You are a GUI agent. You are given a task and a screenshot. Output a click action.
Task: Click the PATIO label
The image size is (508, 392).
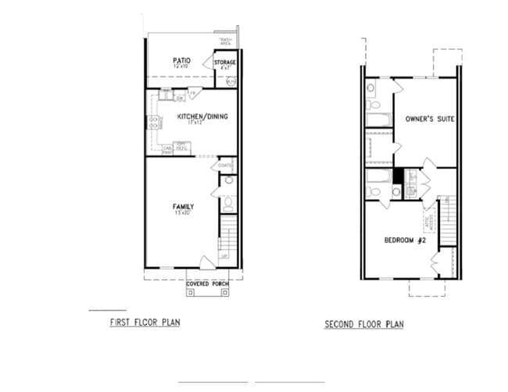click(181, 59)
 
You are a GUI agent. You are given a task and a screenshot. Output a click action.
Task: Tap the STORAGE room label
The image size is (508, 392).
click(225, 62)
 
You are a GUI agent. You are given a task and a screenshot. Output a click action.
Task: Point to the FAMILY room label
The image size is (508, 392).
click(183, 207)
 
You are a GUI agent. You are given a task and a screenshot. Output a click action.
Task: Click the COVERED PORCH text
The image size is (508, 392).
click(208, 283)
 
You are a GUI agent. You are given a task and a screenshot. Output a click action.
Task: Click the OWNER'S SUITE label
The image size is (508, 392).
click(430, 119)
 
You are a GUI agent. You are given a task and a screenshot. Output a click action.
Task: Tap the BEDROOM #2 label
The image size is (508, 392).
click(404, 240)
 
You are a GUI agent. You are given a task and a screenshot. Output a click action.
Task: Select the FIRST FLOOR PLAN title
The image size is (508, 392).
click(145, 321)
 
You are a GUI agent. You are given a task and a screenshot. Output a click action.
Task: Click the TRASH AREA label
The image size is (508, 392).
click(226, 41)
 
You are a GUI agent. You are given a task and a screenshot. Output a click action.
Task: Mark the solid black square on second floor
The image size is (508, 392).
click(398, 176)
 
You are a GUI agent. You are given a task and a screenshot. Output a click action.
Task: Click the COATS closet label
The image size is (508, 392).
click(226, 165)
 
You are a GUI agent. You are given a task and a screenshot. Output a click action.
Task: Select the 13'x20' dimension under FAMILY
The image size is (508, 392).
click(183, 213)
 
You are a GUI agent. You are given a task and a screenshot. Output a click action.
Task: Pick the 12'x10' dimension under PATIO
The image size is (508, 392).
click(181, 66)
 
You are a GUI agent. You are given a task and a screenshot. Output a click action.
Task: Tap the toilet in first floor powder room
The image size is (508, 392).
click(227, 205)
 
